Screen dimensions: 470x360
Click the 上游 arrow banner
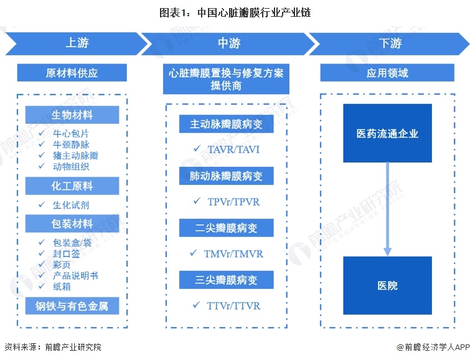click(77, 44)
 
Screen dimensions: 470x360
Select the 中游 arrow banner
click(228, 44)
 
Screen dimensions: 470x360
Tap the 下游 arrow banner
click(390, 44)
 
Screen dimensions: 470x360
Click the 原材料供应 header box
click(72, 73)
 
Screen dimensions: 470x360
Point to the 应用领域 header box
click(387, 73)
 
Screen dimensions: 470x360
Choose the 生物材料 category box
click(72, 115)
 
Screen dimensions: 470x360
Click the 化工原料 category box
click(72, 186)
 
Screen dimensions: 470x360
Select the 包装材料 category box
click(72, 224)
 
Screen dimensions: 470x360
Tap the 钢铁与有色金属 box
click(72, 306)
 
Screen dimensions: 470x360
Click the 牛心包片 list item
click(71, 133)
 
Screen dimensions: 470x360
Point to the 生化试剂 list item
click(71, 205)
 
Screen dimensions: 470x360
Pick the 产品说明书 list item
click(75, 275)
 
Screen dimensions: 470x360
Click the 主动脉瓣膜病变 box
click(227, 124)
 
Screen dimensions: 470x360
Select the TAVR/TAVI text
click(233, 149)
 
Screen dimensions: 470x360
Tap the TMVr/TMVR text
click(233, 253)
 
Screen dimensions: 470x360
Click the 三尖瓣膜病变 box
click(227, 280)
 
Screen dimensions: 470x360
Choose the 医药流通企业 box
click(388, 133)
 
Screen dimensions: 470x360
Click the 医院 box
click(388, 285)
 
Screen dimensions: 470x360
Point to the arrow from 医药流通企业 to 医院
click(388, 209)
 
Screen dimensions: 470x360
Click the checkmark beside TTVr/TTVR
click(197, 305)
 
